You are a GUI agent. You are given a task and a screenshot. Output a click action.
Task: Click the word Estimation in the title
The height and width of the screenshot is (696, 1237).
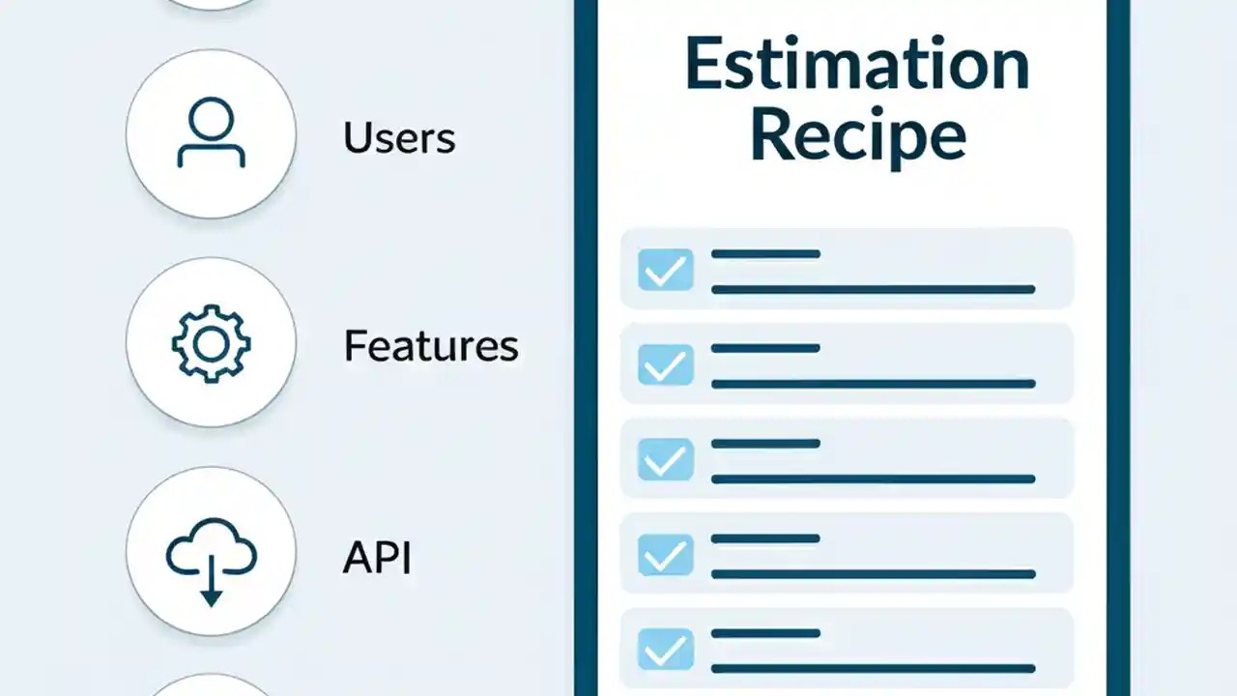point(856,66)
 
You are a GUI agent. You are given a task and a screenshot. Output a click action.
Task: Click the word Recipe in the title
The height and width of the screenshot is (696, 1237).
point(856,138)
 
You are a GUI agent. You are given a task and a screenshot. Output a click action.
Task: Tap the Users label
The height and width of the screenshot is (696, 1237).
point(399,138)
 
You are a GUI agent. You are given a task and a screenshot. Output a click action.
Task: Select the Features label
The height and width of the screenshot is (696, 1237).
point(431,346)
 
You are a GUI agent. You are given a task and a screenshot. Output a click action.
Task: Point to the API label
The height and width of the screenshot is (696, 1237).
point(377,559)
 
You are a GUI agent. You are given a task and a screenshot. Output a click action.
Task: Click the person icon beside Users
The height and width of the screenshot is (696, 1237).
point(211,134)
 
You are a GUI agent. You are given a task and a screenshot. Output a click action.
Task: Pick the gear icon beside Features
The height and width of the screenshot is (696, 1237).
point(211,342)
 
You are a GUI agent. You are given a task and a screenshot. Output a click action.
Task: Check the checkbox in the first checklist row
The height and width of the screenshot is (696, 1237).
point(666,270)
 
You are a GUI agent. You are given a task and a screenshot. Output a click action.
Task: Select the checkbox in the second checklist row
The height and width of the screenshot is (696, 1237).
point(666,364)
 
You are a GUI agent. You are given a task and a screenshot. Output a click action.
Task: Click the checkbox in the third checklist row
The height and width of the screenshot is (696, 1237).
point(666,459)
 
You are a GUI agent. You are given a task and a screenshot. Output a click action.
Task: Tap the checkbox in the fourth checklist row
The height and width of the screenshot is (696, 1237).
point(666,554)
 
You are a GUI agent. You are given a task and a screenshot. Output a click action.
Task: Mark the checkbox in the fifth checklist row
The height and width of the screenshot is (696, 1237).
point(666,649)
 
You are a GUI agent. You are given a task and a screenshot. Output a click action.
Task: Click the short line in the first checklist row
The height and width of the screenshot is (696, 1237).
point(765,254)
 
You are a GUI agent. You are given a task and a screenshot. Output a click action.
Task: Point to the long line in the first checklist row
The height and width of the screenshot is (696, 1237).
point(873,289)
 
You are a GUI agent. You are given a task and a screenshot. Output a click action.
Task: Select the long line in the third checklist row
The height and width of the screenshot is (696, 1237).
point(873,478)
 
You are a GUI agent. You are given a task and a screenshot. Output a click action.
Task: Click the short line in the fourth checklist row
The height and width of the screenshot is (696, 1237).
point(765,538)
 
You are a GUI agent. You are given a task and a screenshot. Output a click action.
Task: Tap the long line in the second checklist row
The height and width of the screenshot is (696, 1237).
point(873,384)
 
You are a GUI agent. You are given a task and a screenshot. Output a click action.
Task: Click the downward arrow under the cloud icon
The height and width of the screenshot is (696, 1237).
point(211,591)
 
